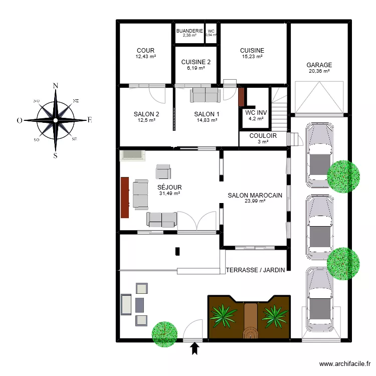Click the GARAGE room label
320,65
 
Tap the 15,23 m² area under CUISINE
252,57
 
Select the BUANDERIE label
190,31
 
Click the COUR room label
145,51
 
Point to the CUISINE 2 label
196,62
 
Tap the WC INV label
256,113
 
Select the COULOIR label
263,135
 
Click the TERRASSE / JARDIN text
256,270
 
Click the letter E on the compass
90,120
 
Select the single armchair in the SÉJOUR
163,171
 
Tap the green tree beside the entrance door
164,333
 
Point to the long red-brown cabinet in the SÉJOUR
125,197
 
